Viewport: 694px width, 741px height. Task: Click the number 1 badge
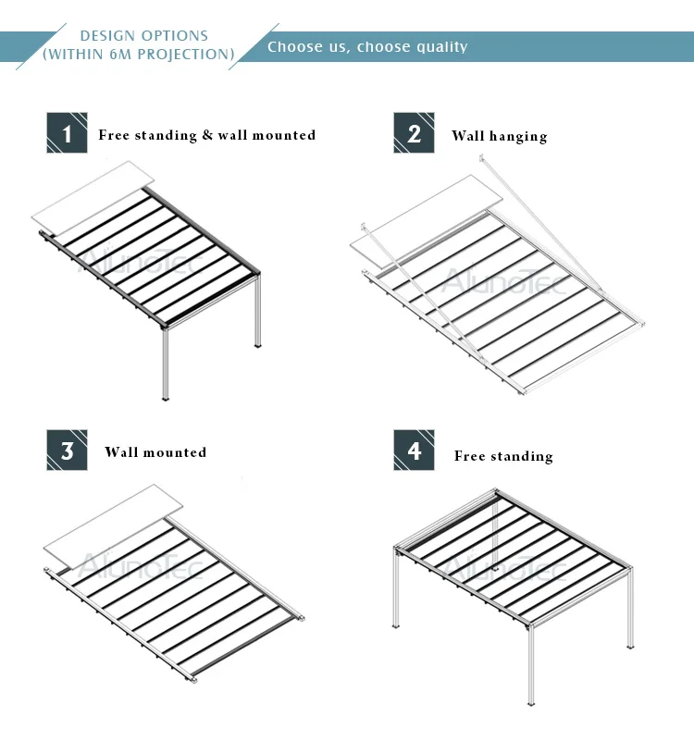click(67, 133)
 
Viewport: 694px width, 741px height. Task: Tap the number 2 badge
click(414, 133)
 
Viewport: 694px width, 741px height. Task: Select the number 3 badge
click(67, 450)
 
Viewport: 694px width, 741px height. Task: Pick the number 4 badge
click(414, 450)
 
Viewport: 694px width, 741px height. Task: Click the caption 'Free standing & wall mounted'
click(207, 135)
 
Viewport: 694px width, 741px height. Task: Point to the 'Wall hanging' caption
click(500, 137)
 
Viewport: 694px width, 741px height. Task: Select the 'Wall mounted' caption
click(155, 452)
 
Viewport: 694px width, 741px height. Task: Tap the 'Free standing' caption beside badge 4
click(503, 456)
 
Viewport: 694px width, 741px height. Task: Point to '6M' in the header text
click(119, 55)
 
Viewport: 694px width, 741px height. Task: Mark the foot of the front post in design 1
click(165, 398)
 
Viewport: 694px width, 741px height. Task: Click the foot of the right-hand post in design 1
click(257, 345)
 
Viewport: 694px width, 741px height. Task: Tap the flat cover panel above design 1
click(93, 198)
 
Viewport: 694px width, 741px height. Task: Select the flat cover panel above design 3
click(113, 527)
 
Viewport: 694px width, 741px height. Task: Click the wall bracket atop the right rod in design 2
click(481, 158)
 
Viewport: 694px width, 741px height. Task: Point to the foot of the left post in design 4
click(396, 625)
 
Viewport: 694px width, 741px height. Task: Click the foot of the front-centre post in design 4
click(531, 704)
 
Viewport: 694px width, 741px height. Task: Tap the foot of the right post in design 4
click(630, 647)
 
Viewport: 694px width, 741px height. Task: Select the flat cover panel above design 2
click(426, 222)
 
